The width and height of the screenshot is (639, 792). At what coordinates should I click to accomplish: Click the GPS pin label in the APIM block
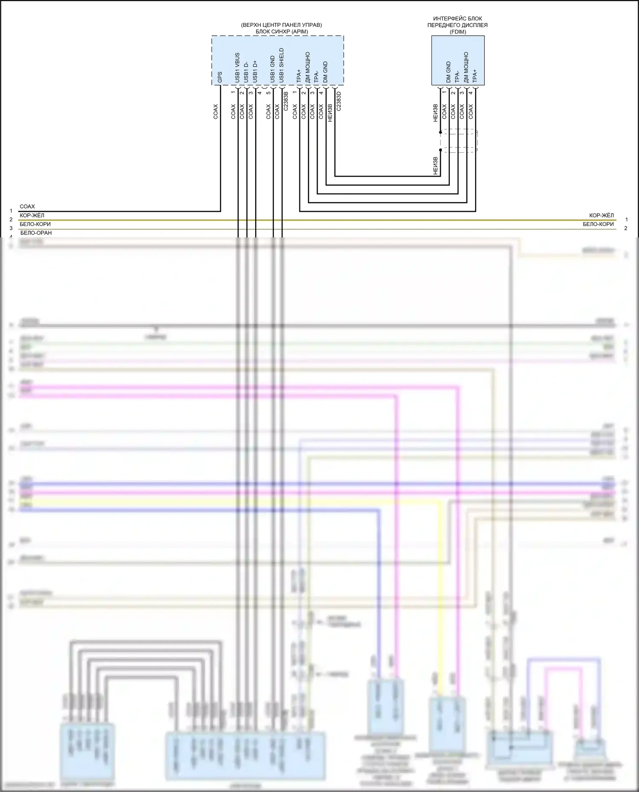[x=220, y=77]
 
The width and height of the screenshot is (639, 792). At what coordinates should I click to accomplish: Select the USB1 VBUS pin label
[x=237, y=68]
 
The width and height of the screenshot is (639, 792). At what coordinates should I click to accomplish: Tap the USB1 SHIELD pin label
[x=281, y=66]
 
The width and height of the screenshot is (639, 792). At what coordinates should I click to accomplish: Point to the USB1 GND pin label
[x=273, y=69]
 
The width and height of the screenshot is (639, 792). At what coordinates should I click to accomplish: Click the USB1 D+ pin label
[x=255, y=71]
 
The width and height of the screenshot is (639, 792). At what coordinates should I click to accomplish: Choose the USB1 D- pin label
[x=246, y=72]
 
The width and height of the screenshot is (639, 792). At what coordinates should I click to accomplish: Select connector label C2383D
[x=339, y=101]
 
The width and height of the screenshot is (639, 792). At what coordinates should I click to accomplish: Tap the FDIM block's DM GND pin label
[x=448, y=72]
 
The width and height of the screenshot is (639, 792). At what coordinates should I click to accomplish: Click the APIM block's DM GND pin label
[x=325, y=72]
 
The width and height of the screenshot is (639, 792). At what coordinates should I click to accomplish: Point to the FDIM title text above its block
[x=458, y=25]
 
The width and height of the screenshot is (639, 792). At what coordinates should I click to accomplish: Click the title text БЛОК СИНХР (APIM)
[x=282, y=31]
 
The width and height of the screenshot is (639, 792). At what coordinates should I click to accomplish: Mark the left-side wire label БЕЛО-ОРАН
[x=36, y=233]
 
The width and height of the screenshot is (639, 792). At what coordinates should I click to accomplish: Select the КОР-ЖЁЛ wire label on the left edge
[x=32, y=215]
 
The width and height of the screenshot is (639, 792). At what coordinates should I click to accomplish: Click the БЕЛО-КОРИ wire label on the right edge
[x=598, y=224]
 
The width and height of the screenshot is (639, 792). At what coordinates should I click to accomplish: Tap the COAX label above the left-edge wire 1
[x=27, y=206]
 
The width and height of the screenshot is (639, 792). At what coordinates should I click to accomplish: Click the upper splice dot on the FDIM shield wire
[x=440, y=132]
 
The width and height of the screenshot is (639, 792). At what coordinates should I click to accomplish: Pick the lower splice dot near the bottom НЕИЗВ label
[x=440, y=150]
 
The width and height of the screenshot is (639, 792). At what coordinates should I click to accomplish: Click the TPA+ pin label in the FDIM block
[x=475, y=76]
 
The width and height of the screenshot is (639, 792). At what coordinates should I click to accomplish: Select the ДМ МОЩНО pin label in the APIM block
[x=308, y=68]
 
